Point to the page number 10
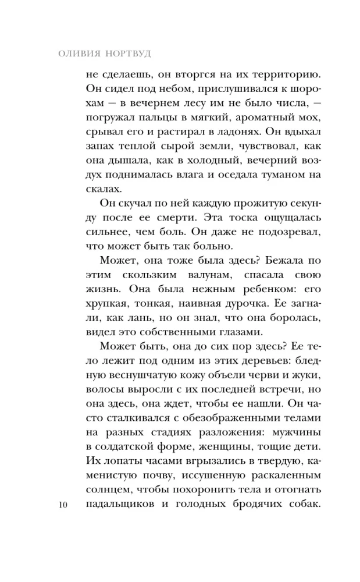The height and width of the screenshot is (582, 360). (x=63, y=504)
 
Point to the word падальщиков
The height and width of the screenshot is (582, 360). (x=118, y=503)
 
